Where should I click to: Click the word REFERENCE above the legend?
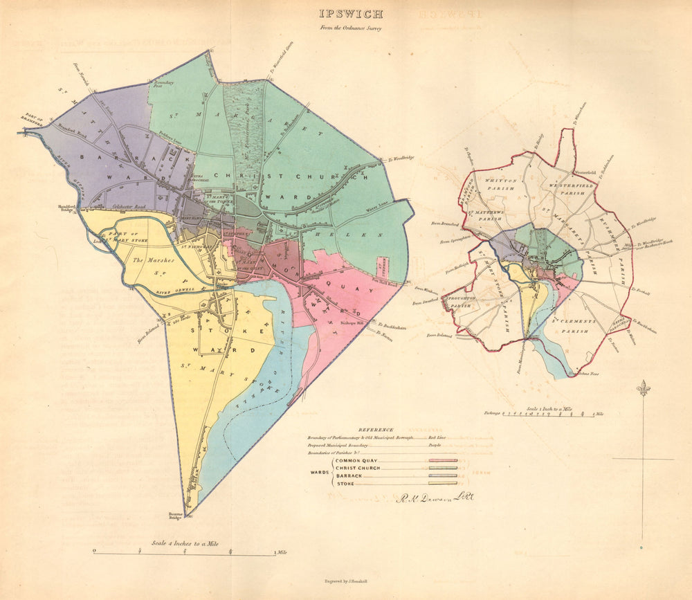tap(376, 430)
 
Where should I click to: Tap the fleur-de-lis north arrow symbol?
tap(644, 388)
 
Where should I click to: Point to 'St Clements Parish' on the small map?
tap(572, 326)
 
